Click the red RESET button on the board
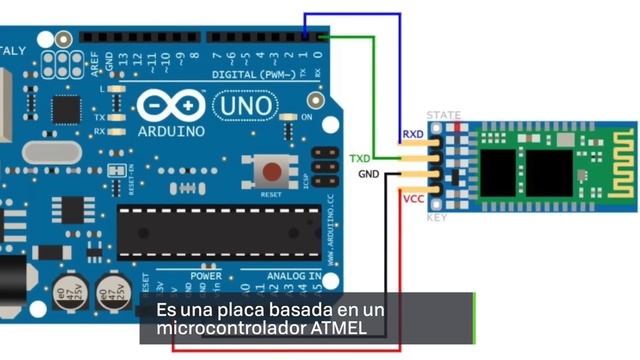pos(271,170)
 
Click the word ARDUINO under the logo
pos(171,130)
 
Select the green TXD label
pos(360,159)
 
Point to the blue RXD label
pos(413,134)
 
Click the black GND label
pos(369,175)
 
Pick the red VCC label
pos(413,199)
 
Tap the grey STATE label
pos(444,116)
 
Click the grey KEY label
pos(437,217)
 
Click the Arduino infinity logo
pos(170,105)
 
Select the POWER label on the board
pos(206,275)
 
